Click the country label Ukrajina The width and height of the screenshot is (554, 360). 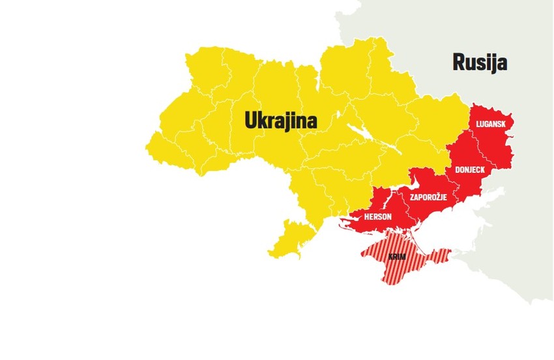[280, 120]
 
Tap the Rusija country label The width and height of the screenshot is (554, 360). [480, 63]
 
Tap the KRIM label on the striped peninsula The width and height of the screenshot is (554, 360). [397, 258]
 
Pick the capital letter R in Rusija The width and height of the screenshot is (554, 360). [458, 63]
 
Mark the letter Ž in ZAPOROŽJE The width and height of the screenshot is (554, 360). [441, 196]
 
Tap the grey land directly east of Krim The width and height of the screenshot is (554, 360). [482, 261]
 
